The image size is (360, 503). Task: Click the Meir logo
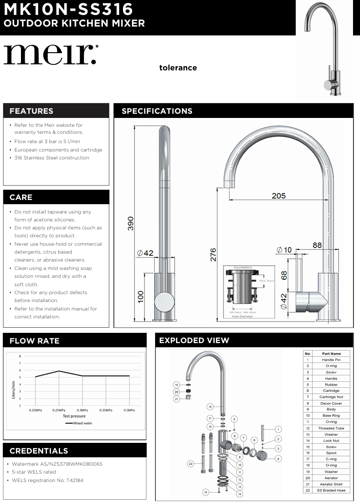coord(51,55)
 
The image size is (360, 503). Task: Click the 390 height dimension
coord(130,223)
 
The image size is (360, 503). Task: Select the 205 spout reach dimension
coord(278,196)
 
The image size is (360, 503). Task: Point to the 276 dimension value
coord(213,255)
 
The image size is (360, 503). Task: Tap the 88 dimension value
coord(317,245)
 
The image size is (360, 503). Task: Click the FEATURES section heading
coord(31,111)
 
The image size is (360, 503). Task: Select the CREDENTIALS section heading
coord(39,451)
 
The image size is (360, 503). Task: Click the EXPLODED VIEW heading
coord(194,340)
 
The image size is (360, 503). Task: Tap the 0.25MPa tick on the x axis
coord(59,410)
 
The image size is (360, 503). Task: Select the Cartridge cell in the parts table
coord(331,391)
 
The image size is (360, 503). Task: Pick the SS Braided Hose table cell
coord(331,490)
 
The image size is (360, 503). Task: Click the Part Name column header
coord(331,354)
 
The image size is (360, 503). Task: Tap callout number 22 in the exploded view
coord(190,463)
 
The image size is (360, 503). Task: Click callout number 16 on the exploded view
coord(210,407)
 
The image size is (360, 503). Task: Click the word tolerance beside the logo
coord(178,68)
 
